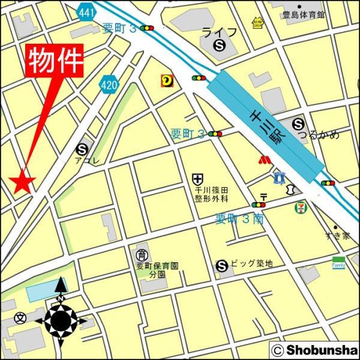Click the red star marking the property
click(23, 182)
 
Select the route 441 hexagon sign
click(86, 11)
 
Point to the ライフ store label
click(220, 32)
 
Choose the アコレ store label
click(82, 161)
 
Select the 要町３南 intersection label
click(239, 220)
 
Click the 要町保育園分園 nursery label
click(157, 269)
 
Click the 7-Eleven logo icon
click(299, 208)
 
